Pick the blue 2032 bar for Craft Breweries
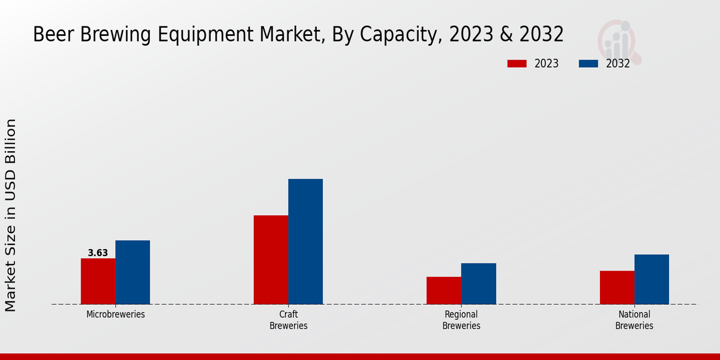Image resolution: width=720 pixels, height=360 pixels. (305, 241)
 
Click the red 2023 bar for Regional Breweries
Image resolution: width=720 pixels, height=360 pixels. (443, 290)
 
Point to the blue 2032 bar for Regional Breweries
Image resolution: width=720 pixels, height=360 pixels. (478, 283)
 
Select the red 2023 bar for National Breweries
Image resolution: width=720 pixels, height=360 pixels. (617, 287)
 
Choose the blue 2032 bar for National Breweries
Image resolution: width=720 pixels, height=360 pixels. (652, 279)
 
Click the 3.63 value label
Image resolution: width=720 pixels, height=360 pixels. (98, 253)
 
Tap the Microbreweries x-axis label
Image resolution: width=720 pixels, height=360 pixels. (115, 314)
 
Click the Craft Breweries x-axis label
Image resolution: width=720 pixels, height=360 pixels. (289, 320)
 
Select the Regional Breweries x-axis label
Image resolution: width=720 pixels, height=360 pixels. (461, 320)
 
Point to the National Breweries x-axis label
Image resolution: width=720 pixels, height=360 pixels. (634, 320)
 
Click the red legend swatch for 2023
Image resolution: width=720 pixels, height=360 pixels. (517, 64)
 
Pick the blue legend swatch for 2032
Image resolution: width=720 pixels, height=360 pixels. (589, 64)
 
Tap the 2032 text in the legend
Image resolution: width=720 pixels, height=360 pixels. (617, 64)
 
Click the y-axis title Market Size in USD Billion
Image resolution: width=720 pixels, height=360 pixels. (11, 215)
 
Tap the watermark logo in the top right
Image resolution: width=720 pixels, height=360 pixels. (619, 41)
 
